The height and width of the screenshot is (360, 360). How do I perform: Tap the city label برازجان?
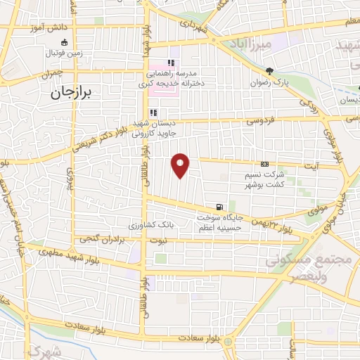71,91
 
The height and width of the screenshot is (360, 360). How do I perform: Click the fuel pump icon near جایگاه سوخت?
221,207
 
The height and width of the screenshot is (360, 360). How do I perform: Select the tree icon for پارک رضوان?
269,71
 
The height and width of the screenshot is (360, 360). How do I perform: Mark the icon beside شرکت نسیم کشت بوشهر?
264,163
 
